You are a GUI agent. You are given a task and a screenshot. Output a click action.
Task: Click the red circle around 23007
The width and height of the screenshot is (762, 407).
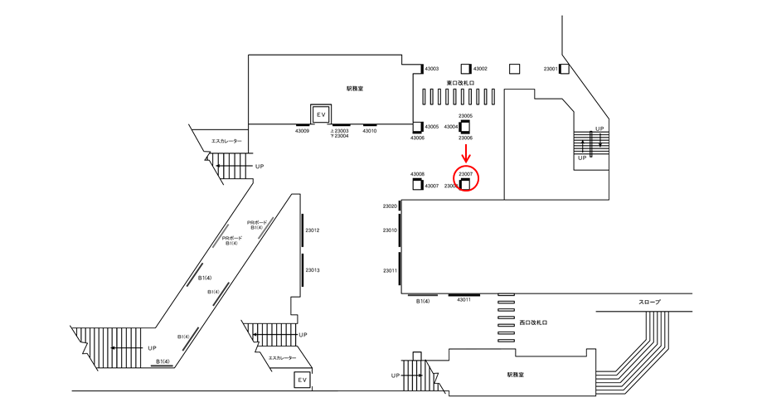(x=466, y=178)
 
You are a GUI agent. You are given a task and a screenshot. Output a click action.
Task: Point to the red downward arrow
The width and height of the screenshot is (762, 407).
(x=466, y=153)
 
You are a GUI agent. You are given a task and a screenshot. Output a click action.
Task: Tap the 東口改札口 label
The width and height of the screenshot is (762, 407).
(x=460, y=83)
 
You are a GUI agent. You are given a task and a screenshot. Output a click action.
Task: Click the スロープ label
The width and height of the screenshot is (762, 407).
(x=649, y=303)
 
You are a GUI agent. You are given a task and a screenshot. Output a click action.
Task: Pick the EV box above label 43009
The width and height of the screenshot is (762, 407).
(x=321, y=113)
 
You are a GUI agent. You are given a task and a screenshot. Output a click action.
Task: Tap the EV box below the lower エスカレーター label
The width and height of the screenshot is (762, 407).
(x=303, y=380)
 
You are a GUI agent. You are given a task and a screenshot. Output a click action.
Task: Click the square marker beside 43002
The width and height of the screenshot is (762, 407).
(x=466, y=69)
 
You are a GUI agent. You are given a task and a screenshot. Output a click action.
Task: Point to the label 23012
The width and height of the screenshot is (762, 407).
(x=313, y=230)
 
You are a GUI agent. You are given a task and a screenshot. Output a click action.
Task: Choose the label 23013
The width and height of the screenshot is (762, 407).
(x=313, y=270)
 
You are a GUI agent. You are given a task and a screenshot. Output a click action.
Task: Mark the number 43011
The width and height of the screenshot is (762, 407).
(x=464, y=301)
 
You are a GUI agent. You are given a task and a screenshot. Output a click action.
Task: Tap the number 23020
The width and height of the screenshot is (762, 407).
(x=391, y=206)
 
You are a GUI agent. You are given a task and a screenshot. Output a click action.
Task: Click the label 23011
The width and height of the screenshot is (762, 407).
(x=391, y=270)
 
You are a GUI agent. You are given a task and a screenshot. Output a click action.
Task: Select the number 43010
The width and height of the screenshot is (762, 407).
(x=370, y=131)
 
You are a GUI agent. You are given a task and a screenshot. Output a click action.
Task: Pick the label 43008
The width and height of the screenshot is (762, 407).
(x=418, y=174)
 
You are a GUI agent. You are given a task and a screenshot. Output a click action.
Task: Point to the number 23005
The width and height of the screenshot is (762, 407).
(x=465, y=116)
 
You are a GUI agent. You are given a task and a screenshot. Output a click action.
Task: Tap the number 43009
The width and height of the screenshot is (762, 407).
(x=303, y=131)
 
